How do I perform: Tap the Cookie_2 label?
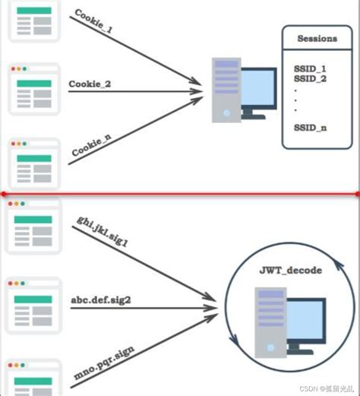(90, 84)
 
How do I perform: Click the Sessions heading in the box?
(317, 38)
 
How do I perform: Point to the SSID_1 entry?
(310, 69)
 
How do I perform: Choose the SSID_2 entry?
(310, 79)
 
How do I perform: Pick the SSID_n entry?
(310, 127)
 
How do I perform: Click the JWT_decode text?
(291, 271)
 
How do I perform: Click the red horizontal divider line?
(180, 194)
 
